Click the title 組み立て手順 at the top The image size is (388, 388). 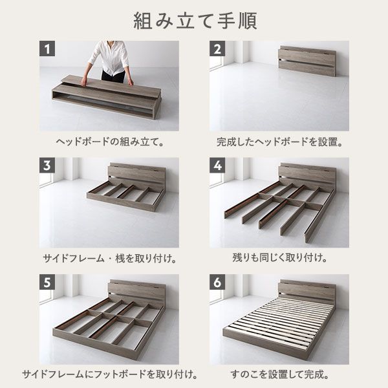(x=194, y=20)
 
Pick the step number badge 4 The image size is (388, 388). (x=218, y=166)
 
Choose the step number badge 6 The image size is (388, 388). (x=218, y=283)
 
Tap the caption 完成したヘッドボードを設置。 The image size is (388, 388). (x=279, y=140)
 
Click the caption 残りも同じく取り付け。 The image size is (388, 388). (x=279, y=257)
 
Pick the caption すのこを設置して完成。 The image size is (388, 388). (x=279, y=374)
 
